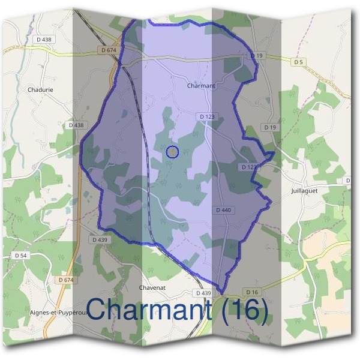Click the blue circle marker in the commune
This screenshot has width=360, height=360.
click(172, 152)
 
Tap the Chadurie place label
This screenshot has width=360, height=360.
click(41, 90)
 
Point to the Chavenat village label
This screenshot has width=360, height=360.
click(152, 287)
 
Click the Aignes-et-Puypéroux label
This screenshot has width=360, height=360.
click(59, 313)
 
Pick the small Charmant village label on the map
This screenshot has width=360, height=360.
click(201, 86)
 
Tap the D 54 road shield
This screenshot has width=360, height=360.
click(20, 256)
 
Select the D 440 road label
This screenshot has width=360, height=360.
click(223, 210)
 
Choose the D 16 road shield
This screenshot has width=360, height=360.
click(251, 292)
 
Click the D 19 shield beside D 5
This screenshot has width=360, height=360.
click(257, 56)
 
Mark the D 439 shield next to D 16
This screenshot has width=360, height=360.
click(204, 293)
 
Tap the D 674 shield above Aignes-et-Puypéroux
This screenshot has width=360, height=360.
click(66, 280)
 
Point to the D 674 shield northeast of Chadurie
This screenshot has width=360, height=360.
click(109, 50)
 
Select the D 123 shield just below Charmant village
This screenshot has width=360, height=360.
click(205, 116)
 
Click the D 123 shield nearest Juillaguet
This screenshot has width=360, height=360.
click(248, 167)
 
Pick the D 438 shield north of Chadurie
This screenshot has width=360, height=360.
click(44, 40)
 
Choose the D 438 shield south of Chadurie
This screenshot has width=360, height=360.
click(77, 125)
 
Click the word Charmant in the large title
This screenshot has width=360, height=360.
click(154, 310)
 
